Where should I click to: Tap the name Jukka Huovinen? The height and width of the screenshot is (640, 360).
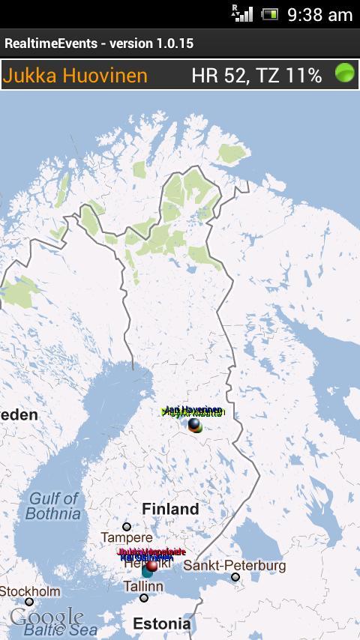pyautogui.click(x=75, y=75)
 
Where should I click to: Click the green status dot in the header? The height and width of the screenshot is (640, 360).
pyautogui.click(x=344, y=73)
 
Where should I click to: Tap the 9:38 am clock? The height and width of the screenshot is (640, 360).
pyautogui.click(x=319, y=14)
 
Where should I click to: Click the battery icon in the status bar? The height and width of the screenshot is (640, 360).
pyautogui.click(x=269, y=14)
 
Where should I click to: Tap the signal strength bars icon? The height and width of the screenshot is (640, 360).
pyautogui.click(x=243, y=13)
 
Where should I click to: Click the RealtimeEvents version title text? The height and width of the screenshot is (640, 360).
pyautogui.click(x=99, y=43)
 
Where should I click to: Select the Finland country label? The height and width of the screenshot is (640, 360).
pyautogui.click(x=170, y=509)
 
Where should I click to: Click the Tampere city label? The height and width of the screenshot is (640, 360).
pyautogui.click(x=127, y=538)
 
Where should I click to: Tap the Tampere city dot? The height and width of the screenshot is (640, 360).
pyautogui.click(x=127, y=527)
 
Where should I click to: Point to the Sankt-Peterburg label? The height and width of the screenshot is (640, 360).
pyautogui.click(x=235, y=565)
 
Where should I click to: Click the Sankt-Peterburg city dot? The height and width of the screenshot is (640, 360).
pyautogui.click(x=235, y=577)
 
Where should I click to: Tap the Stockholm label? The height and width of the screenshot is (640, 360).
pyautogui.click(x=30, y=591)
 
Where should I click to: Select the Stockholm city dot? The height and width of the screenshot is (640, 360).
pyautogui.click(x=29, y=602)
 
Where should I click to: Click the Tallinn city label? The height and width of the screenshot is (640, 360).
pyautogui.click(x=142, y=586)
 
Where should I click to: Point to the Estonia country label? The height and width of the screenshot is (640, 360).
pyautogui.click(x=161, y=624)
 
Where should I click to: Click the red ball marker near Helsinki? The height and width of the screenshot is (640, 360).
pyautogui.click(x=152, y=567)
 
